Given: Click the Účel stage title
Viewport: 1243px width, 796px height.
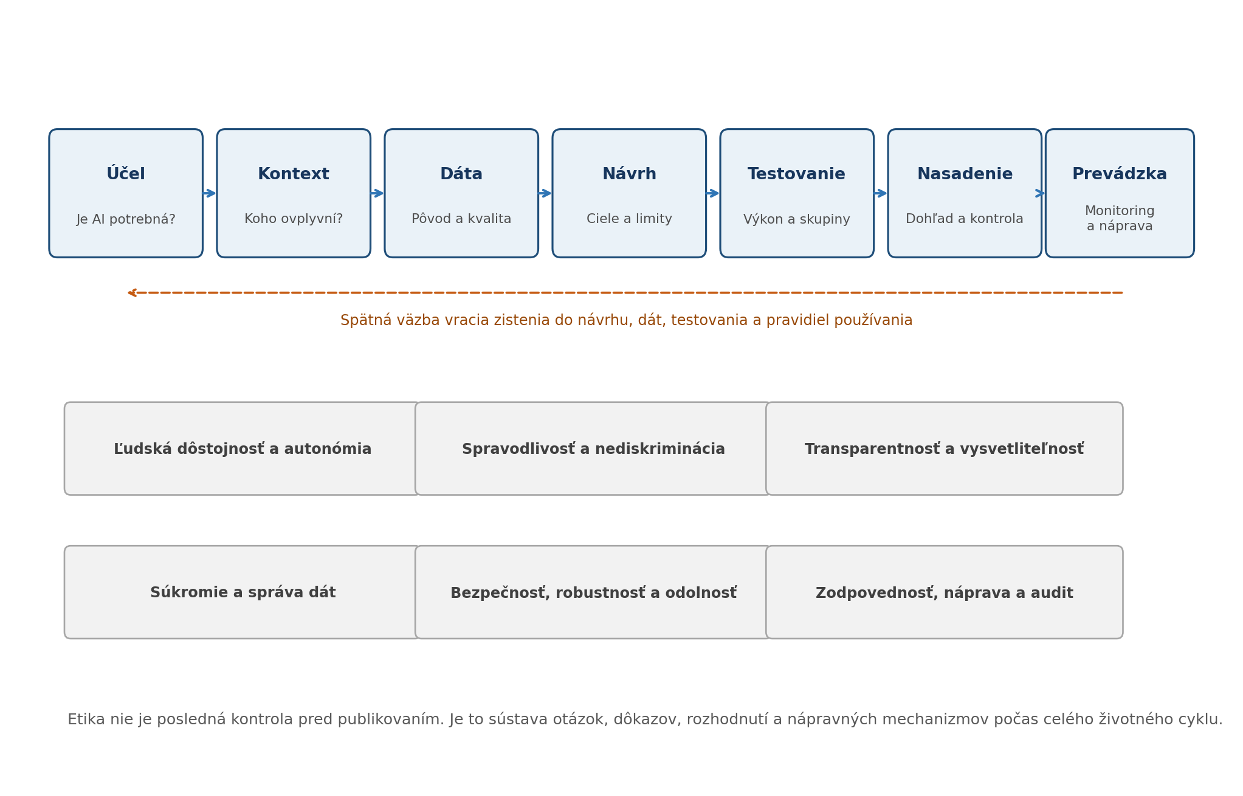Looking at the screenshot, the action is pyautogui.click(x=126, y=174).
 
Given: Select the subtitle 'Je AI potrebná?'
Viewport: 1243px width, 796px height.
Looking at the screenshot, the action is pyautogui.click(x=126, y=219).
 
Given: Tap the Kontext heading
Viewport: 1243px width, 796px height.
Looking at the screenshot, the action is pyautogui.click(x=294, y=174).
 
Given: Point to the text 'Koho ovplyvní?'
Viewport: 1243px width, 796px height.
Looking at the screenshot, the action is pyautogui.click(x=294, y=219).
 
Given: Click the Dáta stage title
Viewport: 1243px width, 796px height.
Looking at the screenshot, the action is pyautogui.click(x=461, y=174).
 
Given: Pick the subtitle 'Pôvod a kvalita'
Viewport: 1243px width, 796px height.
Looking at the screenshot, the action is pyautogui.click(x=461, y=219).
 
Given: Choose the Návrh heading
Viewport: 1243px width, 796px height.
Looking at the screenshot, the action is pyautogui.click(x=629, y=174).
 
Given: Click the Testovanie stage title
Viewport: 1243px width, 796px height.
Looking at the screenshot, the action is pyautogui.click(x=797, y=174).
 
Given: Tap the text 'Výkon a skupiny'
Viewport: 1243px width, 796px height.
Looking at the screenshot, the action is pyautogui.click(x=797, y=219).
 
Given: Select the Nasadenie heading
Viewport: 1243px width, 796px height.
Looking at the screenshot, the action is pyautogui.click(x=965, y=174).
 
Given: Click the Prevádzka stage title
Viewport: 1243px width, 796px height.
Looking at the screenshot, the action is pyautogui.click(x=1120, y=174).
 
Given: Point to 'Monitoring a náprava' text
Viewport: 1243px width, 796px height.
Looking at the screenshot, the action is pyautogui.click(x=1120, y=219).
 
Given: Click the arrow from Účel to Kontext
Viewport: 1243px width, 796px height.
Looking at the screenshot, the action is pyautogui.click(x=210, y=193).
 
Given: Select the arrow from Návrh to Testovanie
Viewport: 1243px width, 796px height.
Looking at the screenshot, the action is pyautogui.click(x=713, y=193).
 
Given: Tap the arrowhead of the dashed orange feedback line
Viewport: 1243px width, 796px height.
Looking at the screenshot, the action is pyautogui.click(x=131, y=293).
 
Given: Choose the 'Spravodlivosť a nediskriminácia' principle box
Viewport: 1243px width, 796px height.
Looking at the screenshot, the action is pyautogui.click(x=593, y=448).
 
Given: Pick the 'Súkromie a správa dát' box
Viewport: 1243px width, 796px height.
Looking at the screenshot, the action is pyautogui.click(x=243, y=592).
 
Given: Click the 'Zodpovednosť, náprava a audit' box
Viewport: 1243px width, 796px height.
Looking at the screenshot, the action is pyautogui.click(x=944, y=592).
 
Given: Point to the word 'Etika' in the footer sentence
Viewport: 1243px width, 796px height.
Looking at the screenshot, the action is pyautogui.click(x=86, y=719).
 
